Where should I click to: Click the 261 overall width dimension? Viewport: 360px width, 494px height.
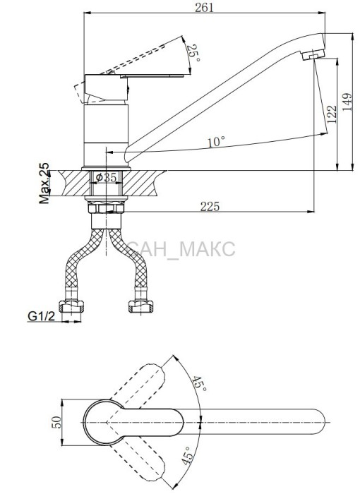pos(204,8)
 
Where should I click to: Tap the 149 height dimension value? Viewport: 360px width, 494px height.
pos(347,102)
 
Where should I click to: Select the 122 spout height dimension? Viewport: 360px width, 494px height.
pos(332,114)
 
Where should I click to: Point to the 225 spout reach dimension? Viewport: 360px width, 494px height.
pos(210,206)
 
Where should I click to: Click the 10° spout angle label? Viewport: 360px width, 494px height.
pos(216,142)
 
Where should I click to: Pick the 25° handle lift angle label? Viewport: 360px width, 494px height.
pos(193,53)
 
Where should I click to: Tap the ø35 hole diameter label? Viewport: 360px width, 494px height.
pos(107,178)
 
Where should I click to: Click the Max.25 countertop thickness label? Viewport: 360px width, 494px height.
pos(44,183)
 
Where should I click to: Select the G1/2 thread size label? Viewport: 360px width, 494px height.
pos(42,315)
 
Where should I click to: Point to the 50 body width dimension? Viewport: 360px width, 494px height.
pos(56,422)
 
